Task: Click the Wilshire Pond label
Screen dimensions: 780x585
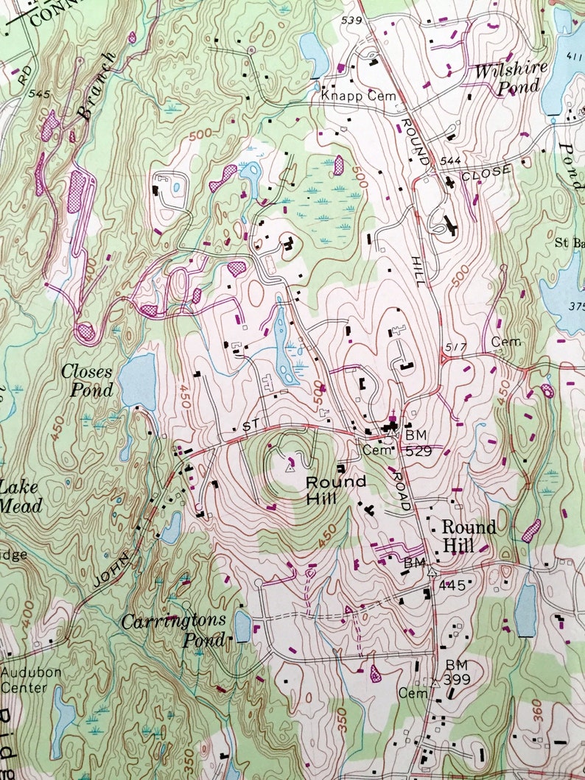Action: point(511,77)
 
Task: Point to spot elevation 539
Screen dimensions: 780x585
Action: point(351,20)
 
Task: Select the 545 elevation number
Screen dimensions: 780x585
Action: point(39,94)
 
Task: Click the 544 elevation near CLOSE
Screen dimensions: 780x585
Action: point(450,160)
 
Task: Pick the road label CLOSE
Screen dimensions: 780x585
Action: point(486,172)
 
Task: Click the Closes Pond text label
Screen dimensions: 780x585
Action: point(87,381)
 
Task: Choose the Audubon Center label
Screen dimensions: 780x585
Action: point(25,680)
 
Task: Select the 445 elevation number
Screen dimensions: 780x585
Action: point(452,586)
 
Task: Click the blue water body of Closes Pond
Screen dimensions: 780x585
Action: point(139,379)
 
